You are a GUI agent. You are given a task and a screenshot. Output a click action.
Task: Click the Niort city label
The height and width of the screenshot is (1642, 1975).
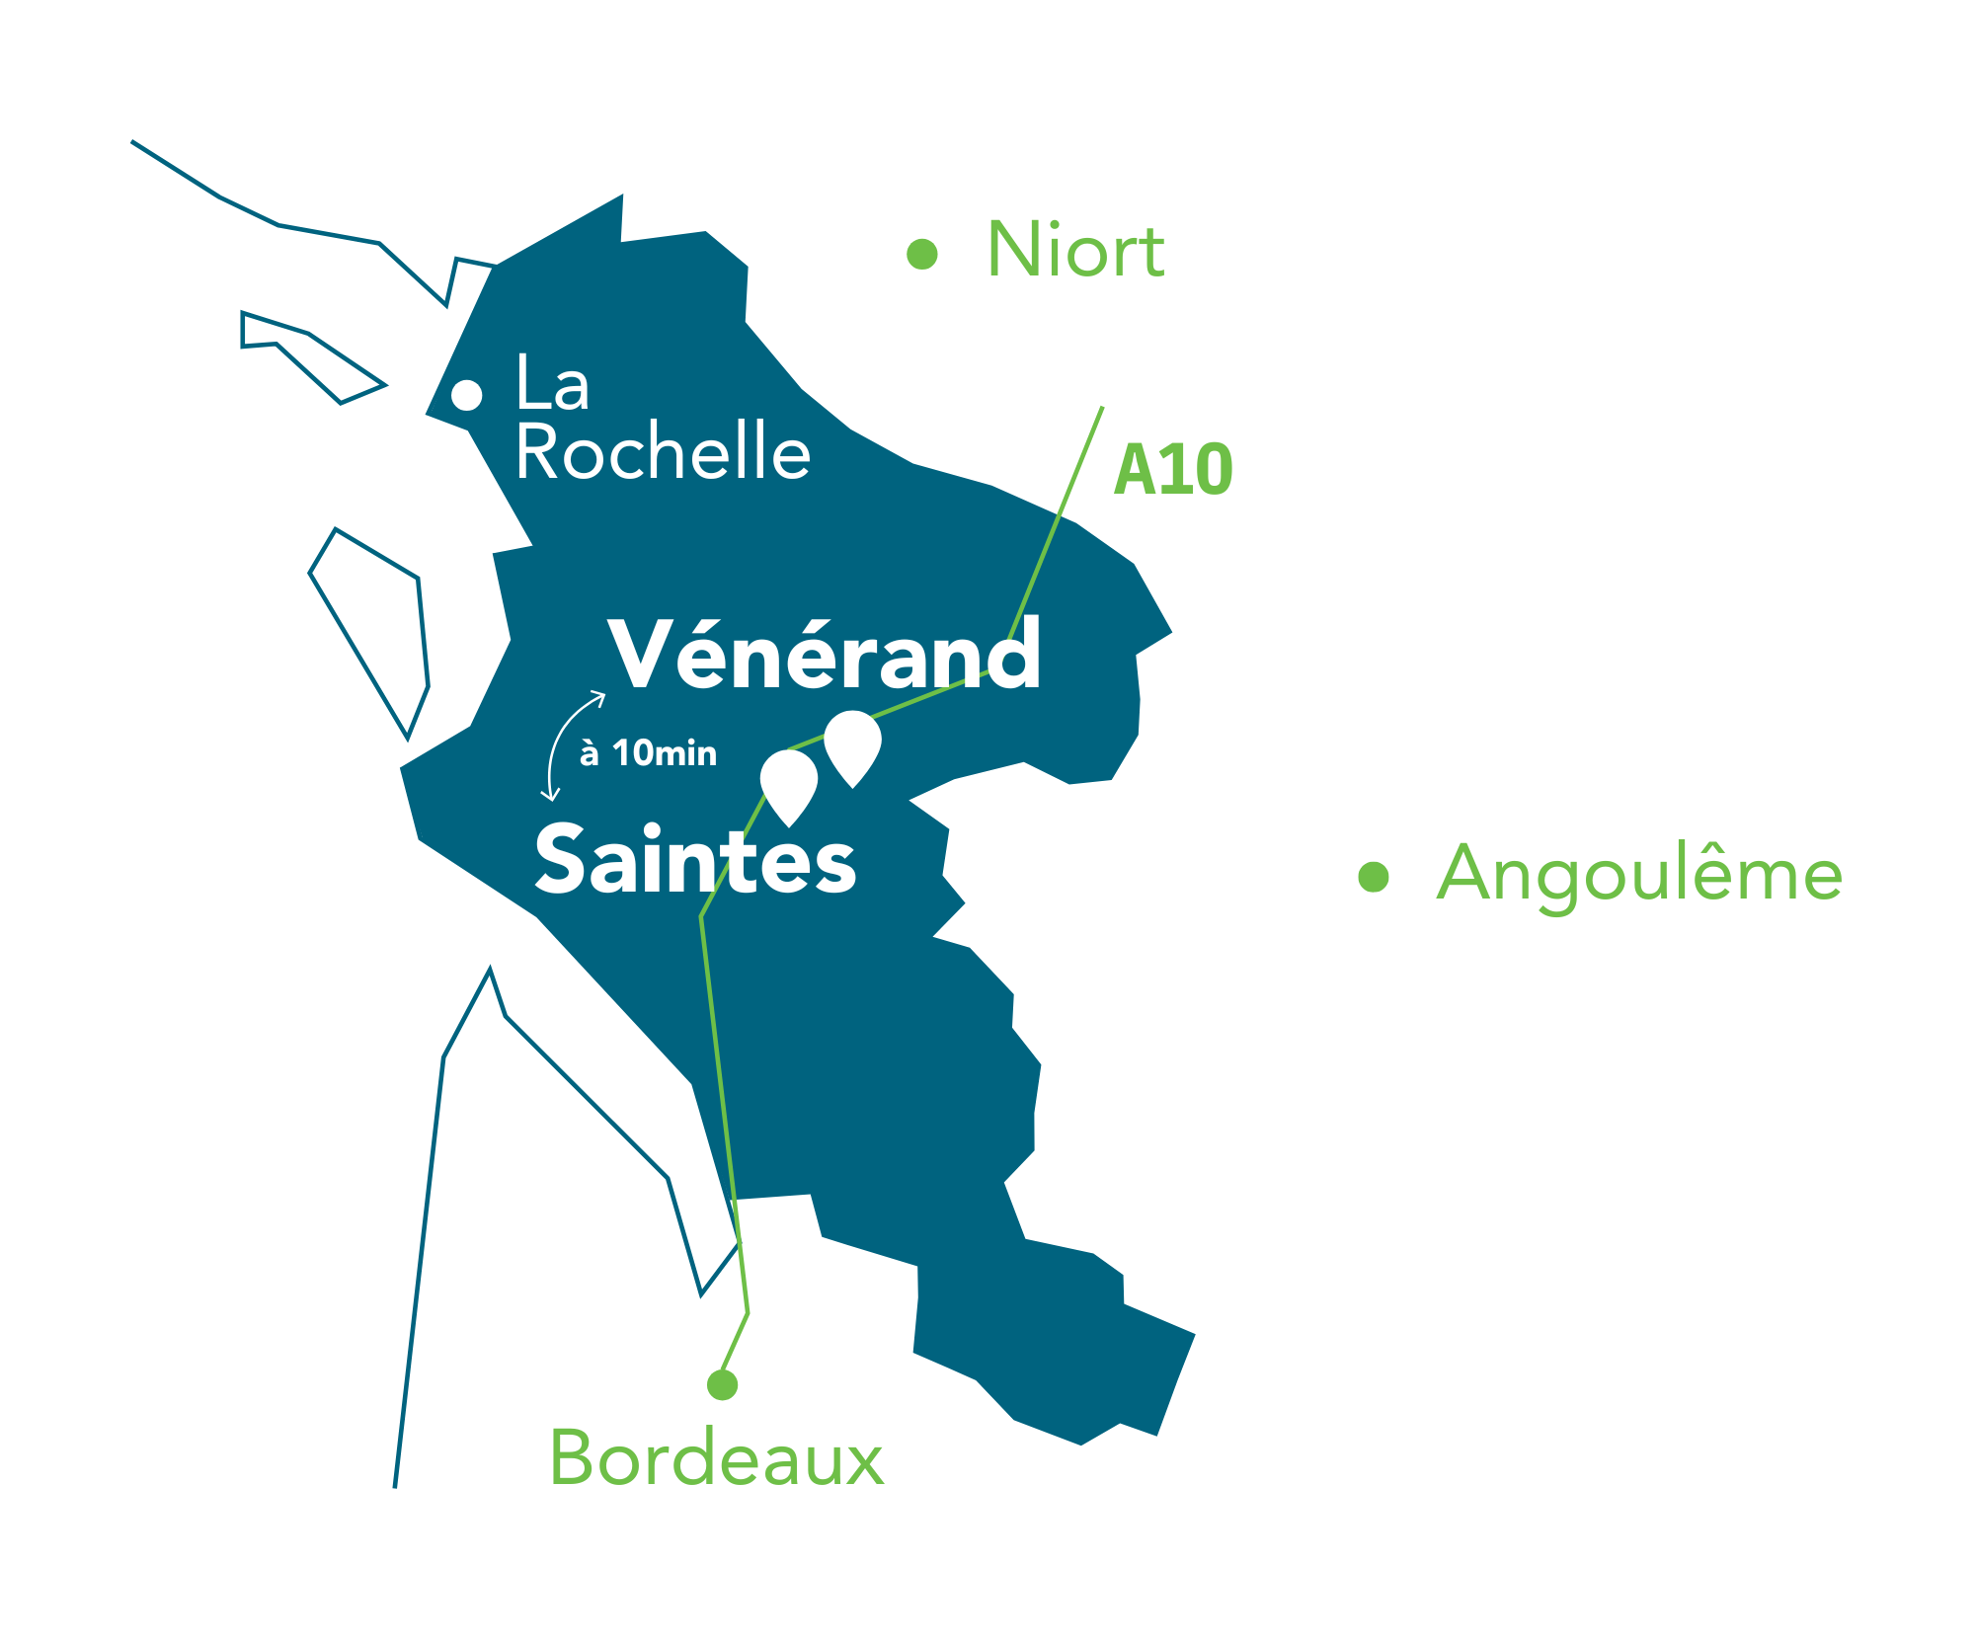(x=1075, y=251)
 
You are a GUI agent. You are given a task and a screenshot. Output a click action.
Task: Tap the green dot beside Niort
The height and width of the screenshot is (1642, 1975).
(x=921, y=254)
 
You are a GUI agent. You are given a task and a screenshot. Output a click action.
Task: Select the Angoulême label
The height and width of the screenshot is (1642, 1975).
(x=1639, y=875)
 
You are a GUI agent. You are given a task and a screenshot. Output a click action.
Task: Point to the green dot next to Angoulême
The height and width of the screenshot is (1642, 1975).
(x=1374, y=876)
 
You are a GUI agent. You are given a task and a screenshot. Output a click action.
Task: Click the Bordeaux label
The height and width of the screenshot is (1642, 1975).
(x=716, y=1457)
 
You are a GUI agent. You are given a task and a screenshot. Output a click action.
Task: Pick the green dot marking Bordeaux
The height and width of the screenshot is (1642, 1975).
(x=723, y=1385)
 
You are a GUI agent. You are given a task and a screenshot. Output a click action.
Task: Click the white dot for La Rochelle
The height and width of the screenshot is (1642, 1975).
(x=467, y=395)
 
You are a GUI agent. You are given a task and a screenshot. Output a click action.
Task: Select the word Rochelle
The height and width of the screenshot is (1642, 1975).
(x=663, y=452)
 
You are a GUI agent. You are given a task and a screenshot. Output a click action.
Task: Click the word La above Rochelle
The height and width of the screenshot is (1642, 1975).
(x=552, y=384)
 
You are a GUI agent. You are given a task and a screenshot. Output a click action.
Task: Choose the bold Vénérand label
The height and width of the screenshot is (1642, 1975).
(x=825, y=654)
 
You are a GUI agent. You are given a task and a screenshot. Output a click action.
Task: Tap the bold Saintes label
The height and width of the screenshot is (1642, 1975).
(x=695, y=860)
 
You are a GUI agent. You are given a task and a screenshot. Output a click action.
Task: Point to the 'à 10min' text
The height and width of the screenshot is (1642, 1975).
(x=648, y=753)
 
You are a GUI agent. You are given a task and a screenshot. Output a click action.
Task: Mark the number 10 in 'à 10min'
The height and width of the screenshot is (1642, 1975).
(x=632, y=753)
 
